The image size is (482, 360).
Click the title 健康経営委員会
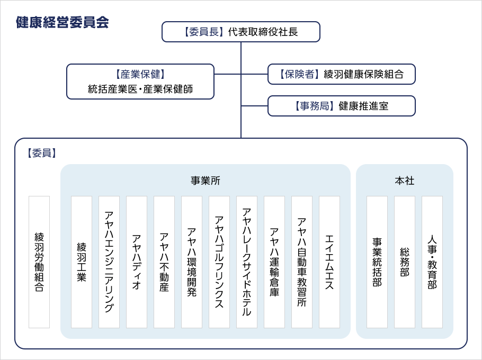[62, 22]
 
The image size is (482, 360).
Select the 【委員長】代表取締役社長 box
[240, 32]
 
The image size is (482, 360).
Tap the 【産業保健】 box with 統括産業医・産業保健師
[140, 82]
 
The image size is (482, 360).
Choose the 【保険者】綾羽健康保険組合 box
[341, 74]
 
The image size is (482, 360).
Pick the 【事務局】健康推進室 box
[341, 106]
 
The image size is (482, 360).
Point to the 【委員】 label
[41, 153]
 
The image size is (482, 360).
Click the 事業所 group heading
[205, 181]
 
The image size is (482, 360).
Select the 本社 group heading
[404, 181]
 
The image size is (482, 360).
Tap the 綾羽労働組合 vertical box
[39, 262]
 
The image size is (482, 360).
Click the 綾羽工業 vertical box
[82, 262]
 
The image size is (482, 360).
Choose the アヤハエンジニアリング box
[109, 262]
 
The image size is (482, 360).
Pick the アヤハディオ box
[137, 262]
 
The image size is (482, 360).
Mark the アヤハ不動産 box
[164, 262]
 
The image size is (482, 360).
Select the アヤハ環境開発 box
[192, 262]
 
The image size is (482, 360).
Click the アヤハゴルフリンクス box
[219, 262]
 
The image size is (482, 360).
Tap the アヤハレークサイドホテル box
[247, 262]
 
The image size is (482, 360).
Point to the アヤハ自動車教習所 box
[302, 262]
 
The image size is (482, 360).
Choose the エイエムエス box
[329, 262]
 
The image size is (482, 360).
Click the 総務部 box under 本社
[405, 262]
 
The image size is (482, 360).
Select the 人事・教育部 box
[432, 262]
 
